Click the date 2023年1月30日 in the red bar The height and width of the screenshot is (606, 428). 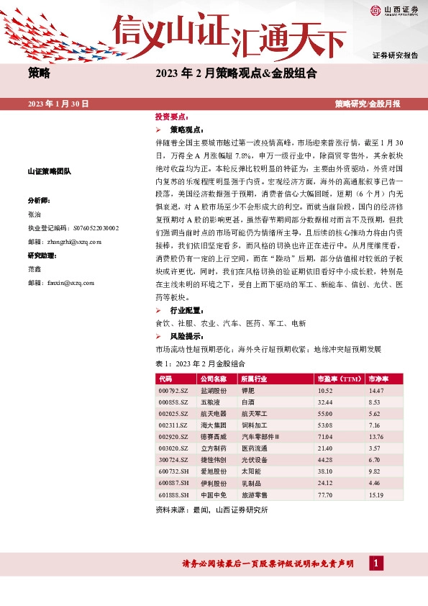[x=58, y=104]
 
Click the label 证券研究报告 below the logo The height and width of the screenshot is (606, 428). [x=395, y=55]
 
